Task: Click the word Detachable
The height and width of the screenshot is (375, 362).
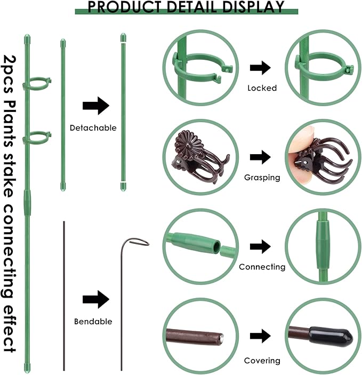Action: [93, 127]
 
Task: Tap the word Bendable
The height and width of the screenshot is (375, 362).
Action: [93, 321]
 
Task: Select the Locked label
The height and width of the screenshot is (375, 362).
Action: [262, 88]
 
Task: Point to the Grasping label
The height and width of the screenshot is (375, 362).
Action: [262, 178]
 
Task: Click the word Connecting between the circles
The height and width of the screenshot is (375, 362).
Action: [262, 267]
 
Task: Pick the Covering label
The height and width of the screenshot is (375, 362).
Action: [262, 361]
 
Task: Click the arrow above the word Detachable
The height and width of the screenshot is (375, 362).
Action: [96, 106]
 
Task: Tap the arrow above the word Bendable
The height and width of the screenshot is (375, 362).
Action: [96, 299]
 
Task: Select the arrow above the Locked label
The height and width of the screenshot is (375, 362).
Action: [260, 68]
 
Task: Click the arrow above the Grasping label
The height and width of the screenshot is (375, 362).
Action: [260, 157]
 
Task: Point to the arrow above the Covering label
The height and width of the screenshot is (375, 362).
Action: [260, 336]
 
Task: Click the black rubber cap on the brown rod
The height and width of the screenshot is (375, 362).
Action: [332, 336]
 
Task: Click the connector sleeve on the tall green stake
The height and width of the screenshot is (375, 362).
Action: [28, 203]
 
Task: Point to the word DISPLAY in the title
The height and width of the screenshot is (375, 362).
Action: [253, 7]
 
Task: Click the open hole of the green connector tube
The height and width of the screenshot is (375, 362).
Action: [217, 246]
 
